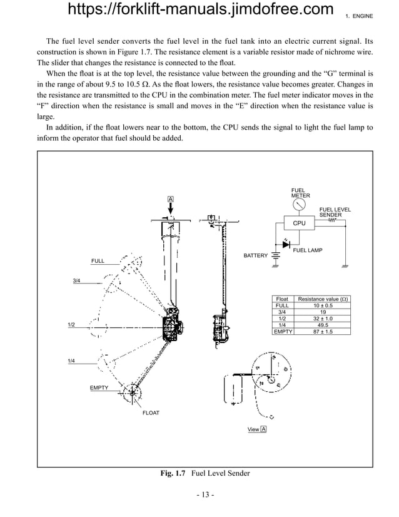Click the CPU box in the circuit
coord(299,223)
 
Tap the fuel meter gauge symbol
coord(300,204)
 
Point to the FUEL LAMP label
coord(308,250)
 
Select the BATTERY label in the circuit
coord(255,256)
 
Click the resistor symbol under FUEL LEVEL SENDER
coord(331,220)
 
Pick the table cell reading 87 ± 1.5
coord(323,332)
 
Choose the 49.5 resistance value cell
coord(323,325)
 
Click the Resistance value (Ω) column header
coord(323,300)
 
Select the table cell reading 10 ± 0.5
coord(323,306)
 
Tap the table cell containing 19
coord(323,312)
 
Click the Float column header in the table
coord(283,300)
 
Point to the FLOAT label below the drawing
coord(151,413)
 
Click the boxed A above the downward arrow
coord(169,199)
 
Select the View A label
coord(257,429)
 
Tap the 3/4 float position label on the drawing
coord(76,281)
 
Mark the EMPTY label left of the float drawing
coord(99,388)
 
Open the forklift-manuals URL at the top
coord(199,10)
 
